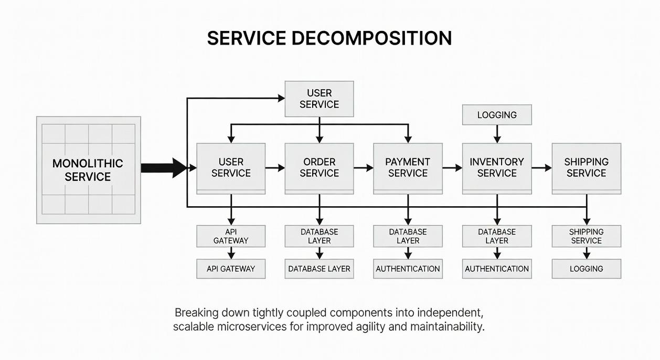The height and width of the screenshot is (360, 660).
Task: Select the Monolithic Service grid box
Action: (88, 170)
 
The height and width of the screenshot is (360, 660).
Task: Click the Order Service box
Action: (319, 167)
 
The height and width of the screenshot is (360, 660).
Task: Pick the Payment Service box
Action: (408, 167)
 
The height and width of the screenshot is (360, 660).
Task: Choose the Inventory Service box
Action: (496, 167)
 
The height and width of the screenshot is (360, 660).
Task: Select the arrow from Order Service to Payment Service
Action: (363, 168)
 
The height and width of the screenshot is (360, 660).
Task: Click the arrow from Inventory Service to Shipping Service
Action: (541, 168)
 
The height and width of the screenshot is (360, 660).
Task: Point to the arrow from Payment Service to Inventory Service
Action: (452, 168)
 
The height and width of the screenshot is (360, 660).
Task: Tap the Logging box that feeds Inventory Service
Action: (496, 115)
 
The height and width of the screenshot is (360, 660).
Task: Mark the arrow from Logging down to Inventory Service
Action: (497, 134)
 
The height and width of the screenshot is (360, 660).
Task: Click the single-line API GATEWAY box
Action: (231, 269)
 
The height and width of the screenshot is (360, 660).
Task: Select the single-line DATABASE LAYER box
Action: (319, 269)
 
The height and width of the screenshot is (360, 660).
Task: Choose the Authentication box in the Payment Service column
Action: (408, 269)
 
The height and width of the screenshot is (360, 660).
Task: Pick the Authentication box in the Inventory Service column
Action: (496, 269)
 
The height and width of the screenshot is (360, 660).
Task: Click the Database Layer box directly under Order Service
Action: (319, 236)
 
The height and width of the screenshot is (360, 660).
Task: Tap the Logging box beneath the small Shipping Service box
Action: (586, 269)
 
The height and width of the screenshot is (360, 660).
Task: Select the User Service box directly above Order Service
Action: (319, 99)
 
